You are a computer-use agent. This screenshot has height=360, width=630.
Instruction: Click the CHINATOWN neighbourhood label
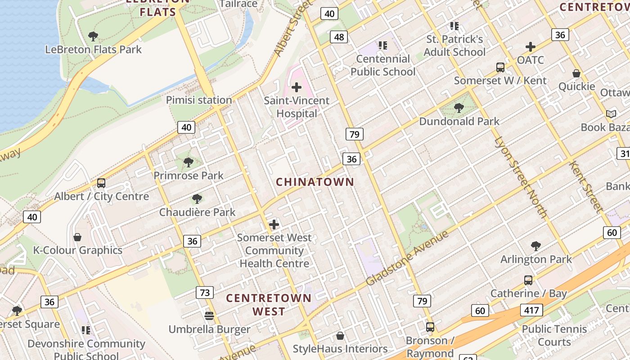[x=315, y=182]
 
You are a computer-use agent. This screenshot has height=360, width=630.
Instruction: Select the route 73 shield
[x=204, y=292]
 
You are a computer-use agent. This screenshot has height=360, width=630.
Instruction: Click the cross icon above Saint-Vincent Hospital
[x=296, y=87]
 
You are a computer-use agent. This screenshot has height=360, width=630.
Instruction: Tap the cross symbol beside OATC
[x=531, y=46]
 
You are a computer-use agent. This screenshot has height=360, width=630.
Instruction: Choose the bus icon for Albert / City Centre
[x=101, y=183]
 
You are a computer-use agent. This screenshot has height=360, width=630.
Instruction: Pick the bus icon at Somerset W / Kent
[x=500, y=67]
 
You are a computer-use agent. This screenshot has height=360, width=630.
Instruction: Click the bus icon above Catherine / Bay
[x=528, y=280]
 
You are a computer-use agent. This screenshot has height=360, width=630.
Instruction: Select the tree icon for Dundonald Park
[x=459, y=108]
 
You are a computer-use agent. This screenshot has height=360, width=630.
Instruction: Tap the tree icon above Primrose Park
[x=189, y=162]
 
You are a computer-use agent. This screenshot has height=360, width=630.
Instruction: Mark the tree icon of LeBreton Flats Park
[x=93, y=36]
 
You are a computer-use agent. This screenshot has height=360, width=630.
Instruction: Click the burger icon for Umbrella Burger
[x=209, y=315]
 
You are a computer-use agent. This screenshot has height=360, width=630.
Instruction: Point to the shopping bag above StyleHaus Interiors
[x=340, y=336]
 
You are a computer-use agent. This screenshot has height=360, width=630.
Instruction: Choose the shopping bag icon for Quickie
[x=576, y=73]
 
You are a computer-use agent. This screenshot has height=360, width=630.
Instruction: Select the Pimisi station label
[x=199, y=100]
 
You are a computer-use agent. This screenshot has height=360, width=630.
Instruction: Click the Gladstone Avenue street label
[x=407, y=258]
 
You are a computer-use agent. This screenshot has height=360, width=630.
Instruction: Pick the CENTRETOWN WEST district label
[x=269, y=304]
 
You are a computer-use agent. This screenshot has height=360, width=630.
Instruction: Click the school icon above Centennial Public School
[x=382, y=45]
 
